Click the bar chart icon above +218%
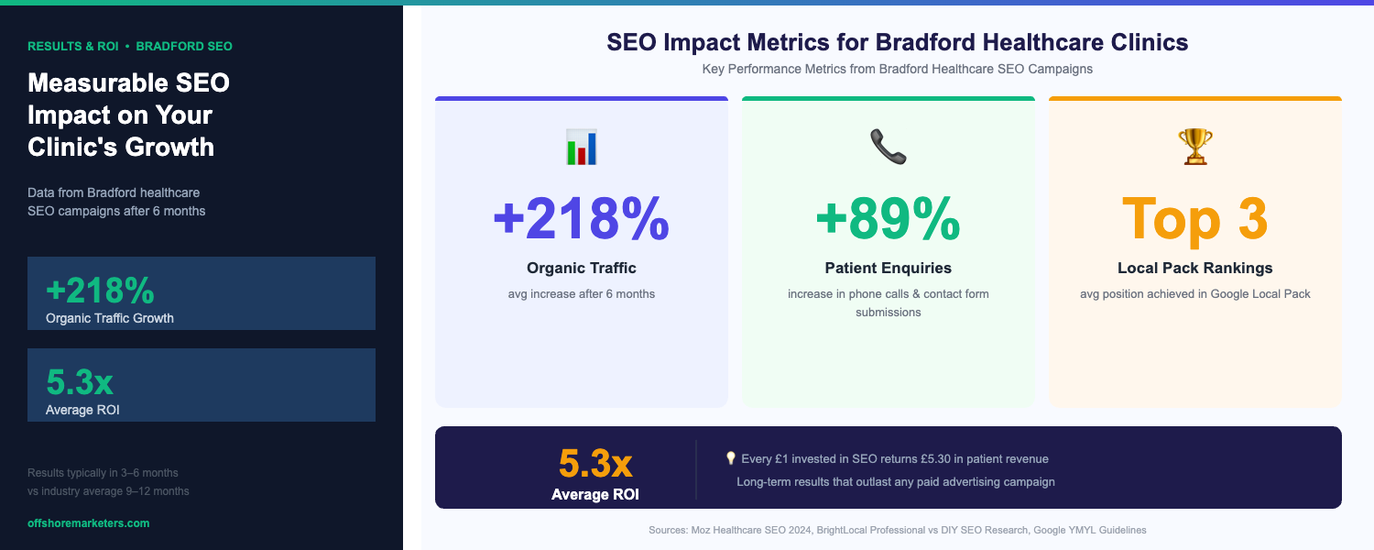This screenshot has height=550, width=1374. tap(581, 148)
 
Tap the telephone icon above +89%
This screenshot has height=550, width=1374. tap(888, 147)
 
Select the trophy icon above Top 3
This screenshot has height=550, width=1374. tap(1194, 147)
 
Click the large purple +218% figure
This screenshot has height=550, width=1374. tap(581, 218)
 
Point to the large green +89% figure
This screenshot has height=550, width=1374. tap(888, 218)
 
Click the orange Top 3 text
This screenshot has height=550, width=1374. tap(1194, 218)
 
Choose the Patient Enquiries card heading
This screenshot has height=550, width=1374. tap(888, 268)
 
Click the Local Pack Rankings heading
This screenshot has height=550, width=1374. tap(1194, 268)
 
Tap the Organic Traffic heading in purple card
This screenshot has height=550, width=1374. tap(581, 268)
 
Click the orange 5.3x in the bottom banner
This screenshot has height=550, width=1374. tap(595, 464)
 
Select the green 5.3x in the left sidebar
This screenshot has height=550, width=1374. tap(80, 382)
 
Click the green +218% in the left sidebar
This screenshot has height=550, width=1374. tap(100, 291)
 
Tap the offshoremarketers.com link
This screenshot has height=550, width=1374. tap(88, 522)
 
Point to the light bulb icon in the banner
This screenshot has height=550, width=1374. tap(730, 458)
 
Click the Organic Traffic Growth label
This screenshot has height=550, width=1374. tap(109, 318)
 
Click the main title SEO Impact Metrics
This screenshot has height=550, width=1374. tap(897, 42)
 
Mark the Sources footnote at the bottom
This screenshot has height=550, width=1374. tap(897, 530)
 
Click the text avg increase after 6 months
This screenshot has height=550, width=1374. tap(581, 294)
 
